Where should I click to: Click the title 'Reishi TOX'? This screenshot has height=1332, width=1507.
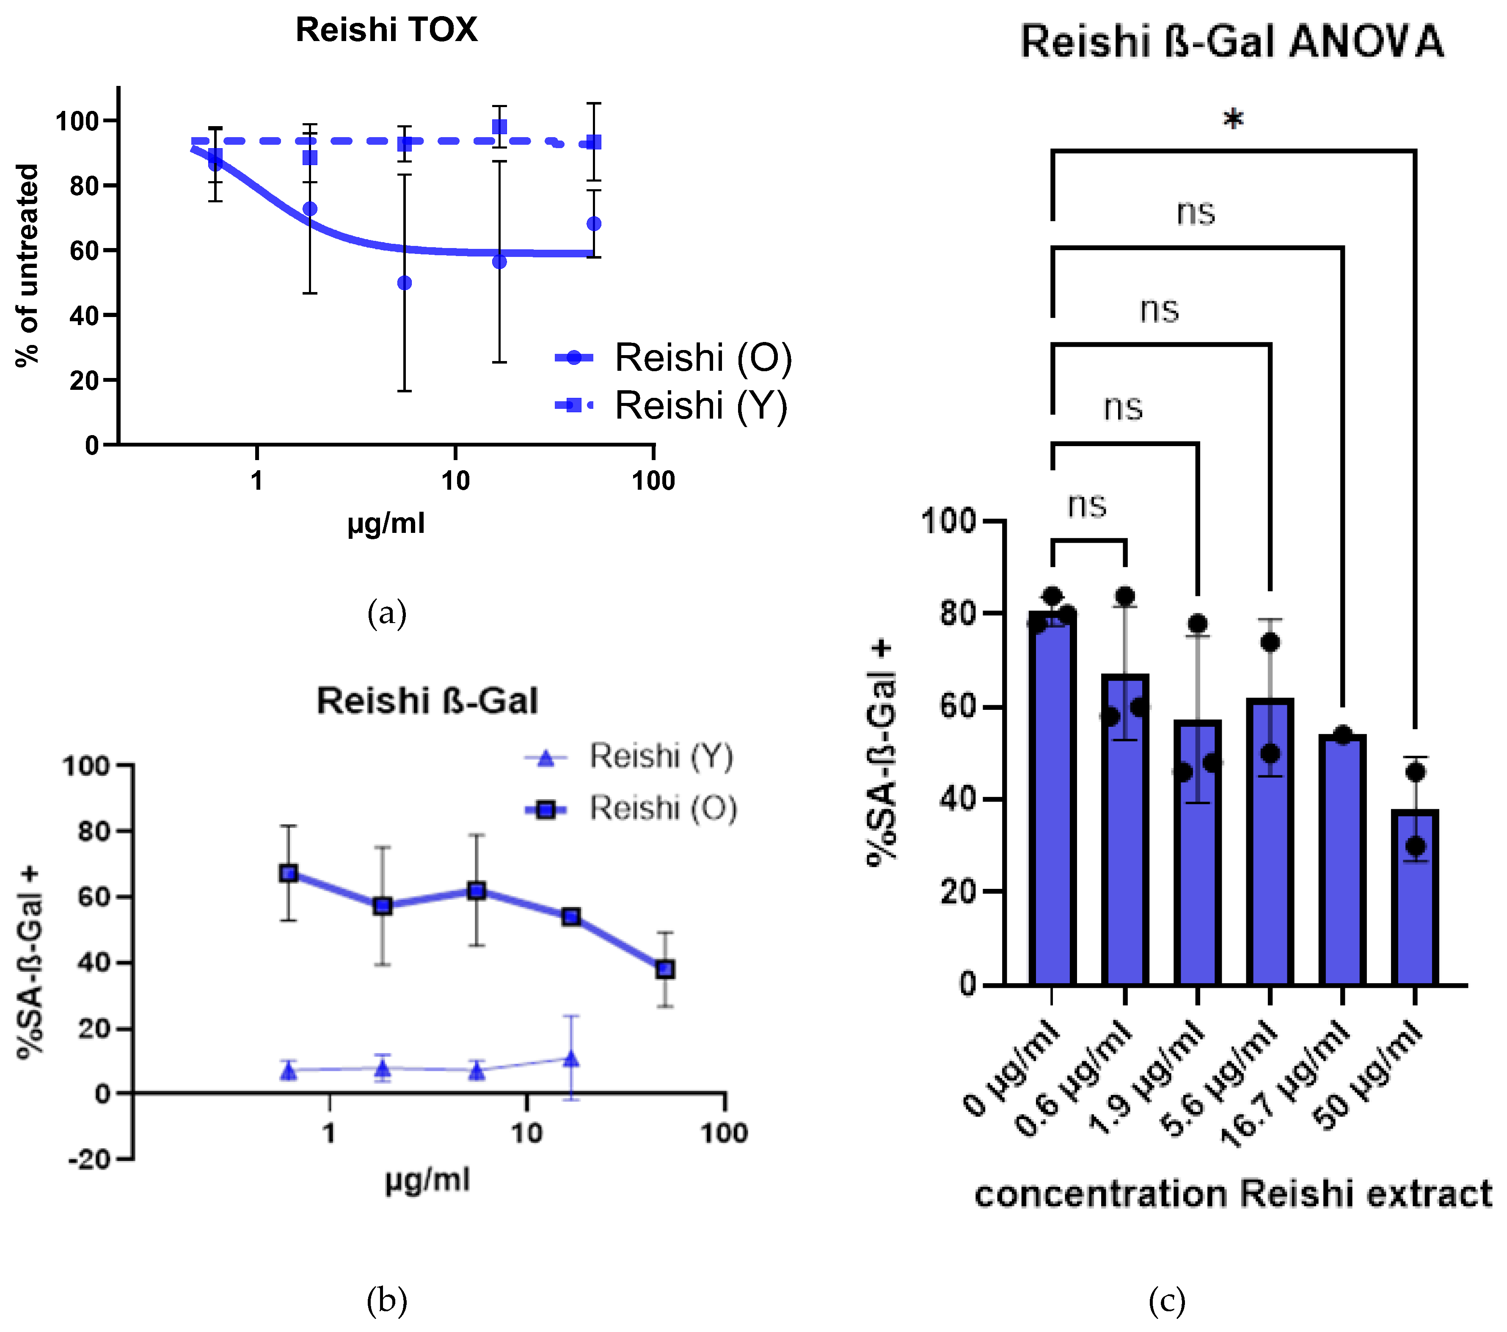coord(386,30)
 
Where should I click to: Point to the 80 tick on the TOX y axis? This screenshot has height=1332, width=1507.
coord(84,186)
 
